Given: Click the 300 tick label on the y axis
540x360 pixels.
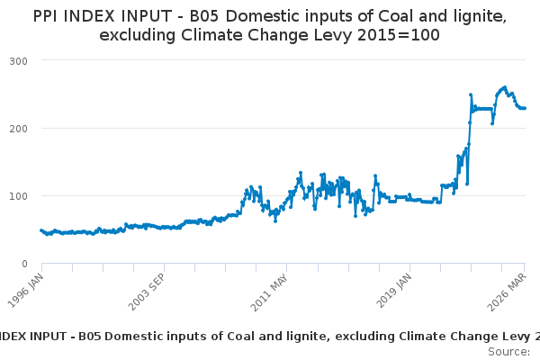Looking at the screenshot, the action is pos(18,61).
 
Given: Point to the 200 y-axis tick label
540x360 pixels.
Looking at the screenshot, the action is pos(18,129).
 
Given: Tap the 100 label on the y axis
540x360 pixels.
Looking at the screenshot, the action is pos(19,196).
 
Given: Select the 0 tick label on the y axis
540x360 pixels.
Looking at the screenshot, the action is pos(24,265).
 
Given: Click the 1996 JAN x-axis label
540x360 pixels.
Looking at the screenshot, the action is pos(26,291).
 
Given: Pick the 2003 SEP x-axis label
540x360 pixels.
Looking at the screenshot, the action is pos(147,292).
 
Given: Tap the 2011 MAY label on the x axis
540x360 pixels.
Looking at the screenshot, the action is pos(269,292).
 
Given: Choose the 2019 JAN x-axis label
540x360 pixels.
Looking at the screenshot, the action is pos(394,291).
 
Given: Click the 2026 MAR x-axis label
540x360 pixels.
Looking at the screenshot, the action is pos(507,292).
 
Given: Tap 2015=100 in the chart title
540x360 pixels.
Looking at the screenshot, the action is pos(399,35).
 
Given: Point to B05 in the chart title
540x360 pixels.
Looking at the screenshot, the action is pos(204,16).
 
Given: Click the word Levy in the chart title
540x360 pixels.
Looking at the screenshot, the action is pos(333,36).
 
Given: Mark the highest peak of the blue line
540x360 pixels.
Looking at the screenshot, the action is pos(505,87).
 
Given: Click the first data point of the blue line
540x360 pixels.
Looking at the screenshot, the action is pos(41,230).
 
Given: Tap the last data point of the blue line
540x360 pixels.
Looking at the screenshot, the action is pos(525,109).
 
